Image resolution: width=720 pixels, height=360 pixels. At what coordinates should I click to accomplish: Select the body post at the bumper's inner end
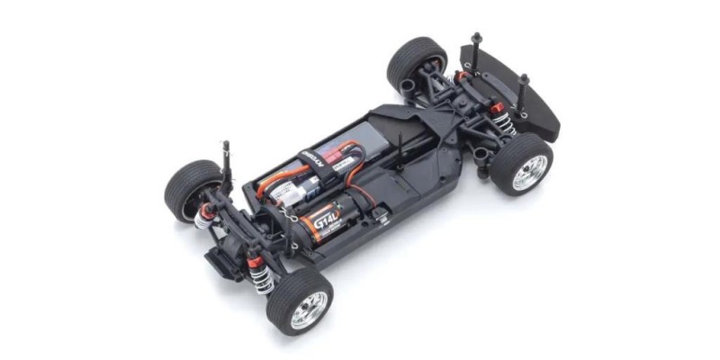coord(476,45)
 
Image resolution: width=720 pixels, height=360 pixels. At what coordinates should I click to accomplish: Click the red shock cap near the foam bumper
coord(496,110)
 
